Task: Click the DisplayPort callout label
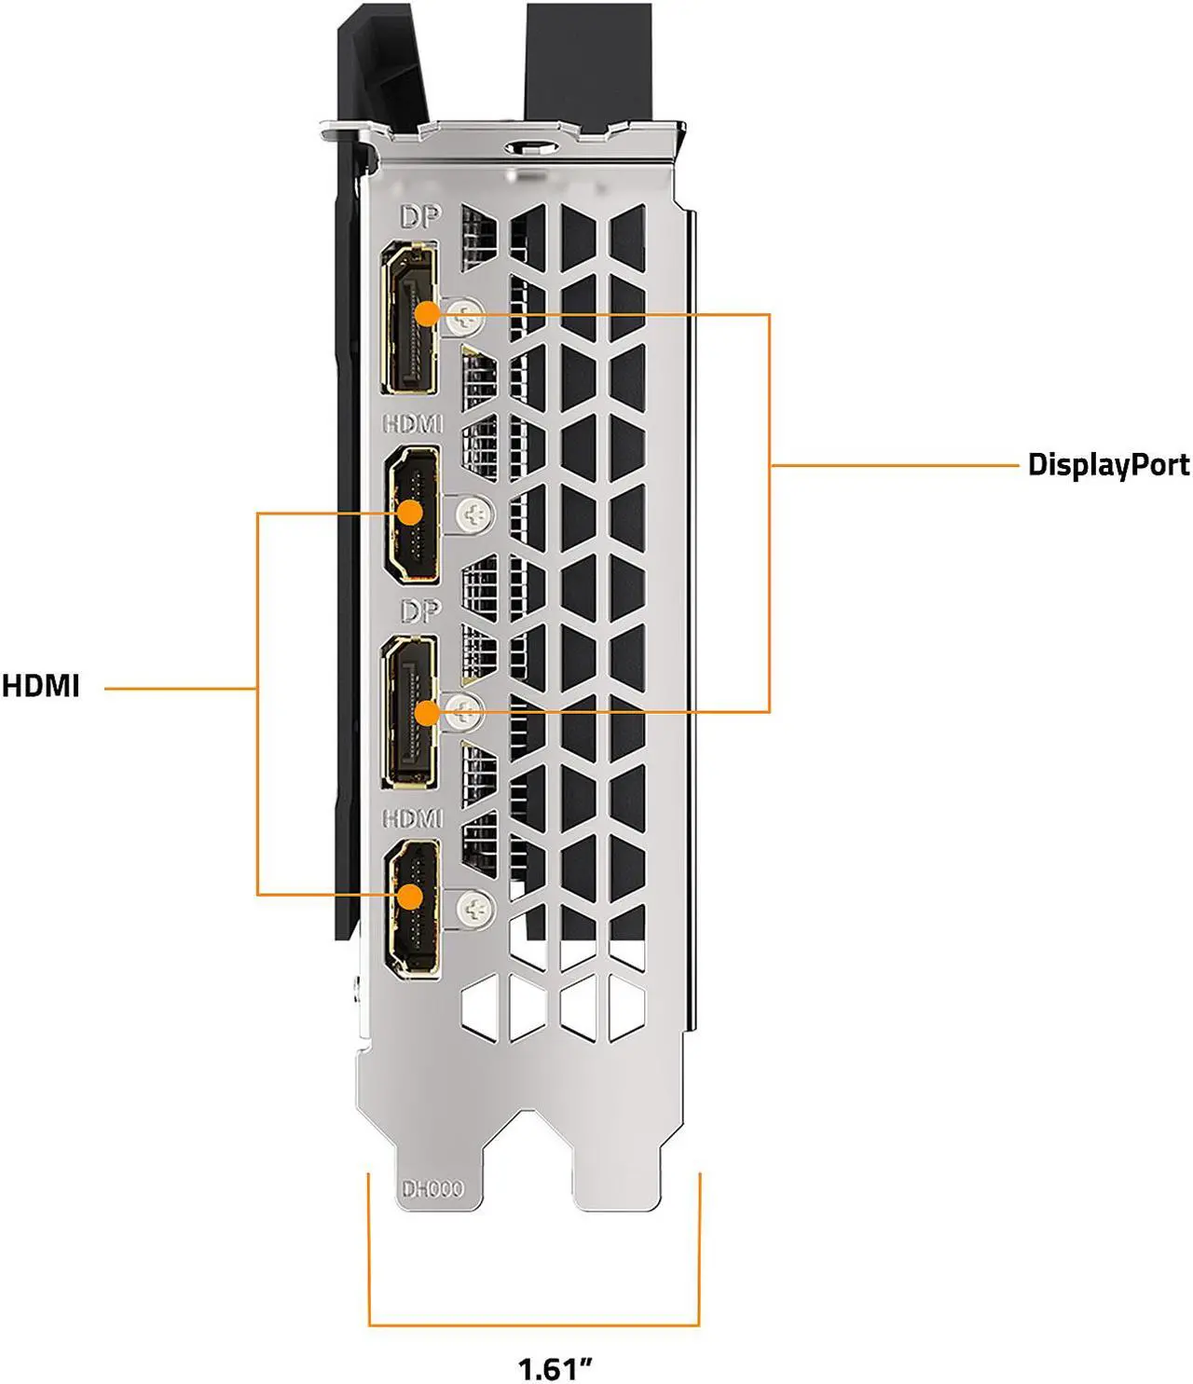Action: pos(1107,464)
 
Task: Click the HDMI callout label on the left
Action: pos(41,687)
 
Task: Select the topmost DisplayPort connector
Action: pos(409,317)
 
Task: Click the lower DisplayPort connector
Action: pos(409,713)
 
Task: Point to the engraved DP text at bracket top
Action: pos(418,218)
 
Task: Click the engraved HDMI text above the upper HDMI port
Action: pos(413,424)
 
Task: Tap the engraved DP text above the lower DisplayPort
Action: pos(418,611)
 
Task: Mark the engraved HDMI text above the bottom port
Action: pos(413,818)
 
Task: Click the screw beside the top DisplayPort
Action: pos(465,318)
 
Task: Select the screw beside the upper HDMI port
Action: pos(475,514)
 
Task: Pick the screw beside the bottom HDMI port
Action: pos(476,907)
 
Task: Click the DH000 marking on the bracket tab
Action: pos(432,1189)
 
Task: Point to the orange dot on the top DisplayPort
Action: pos(426,314)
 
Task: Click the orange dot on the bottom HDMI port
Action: pos(409,896)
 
